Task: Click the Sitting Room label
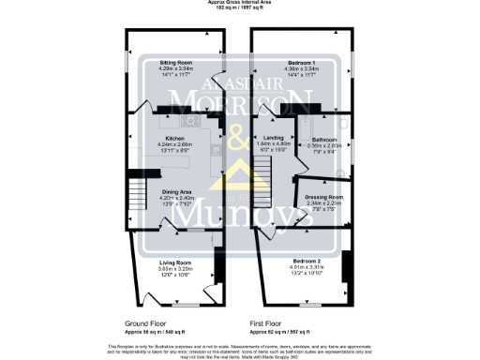pos(175,60)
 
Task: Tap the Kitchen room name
pos(175,138)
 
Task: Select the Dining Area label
pos(176,191)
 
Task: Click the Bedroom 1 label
pos(301,60)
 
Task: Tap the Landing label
pos(274,137)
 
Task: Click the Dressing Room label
pos(323,196)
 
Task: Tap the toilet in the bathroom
pos(344,123)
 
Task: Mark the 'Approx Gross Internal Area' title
pos(239,3)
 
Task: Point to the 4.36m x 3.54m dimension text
pos(301,67)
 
